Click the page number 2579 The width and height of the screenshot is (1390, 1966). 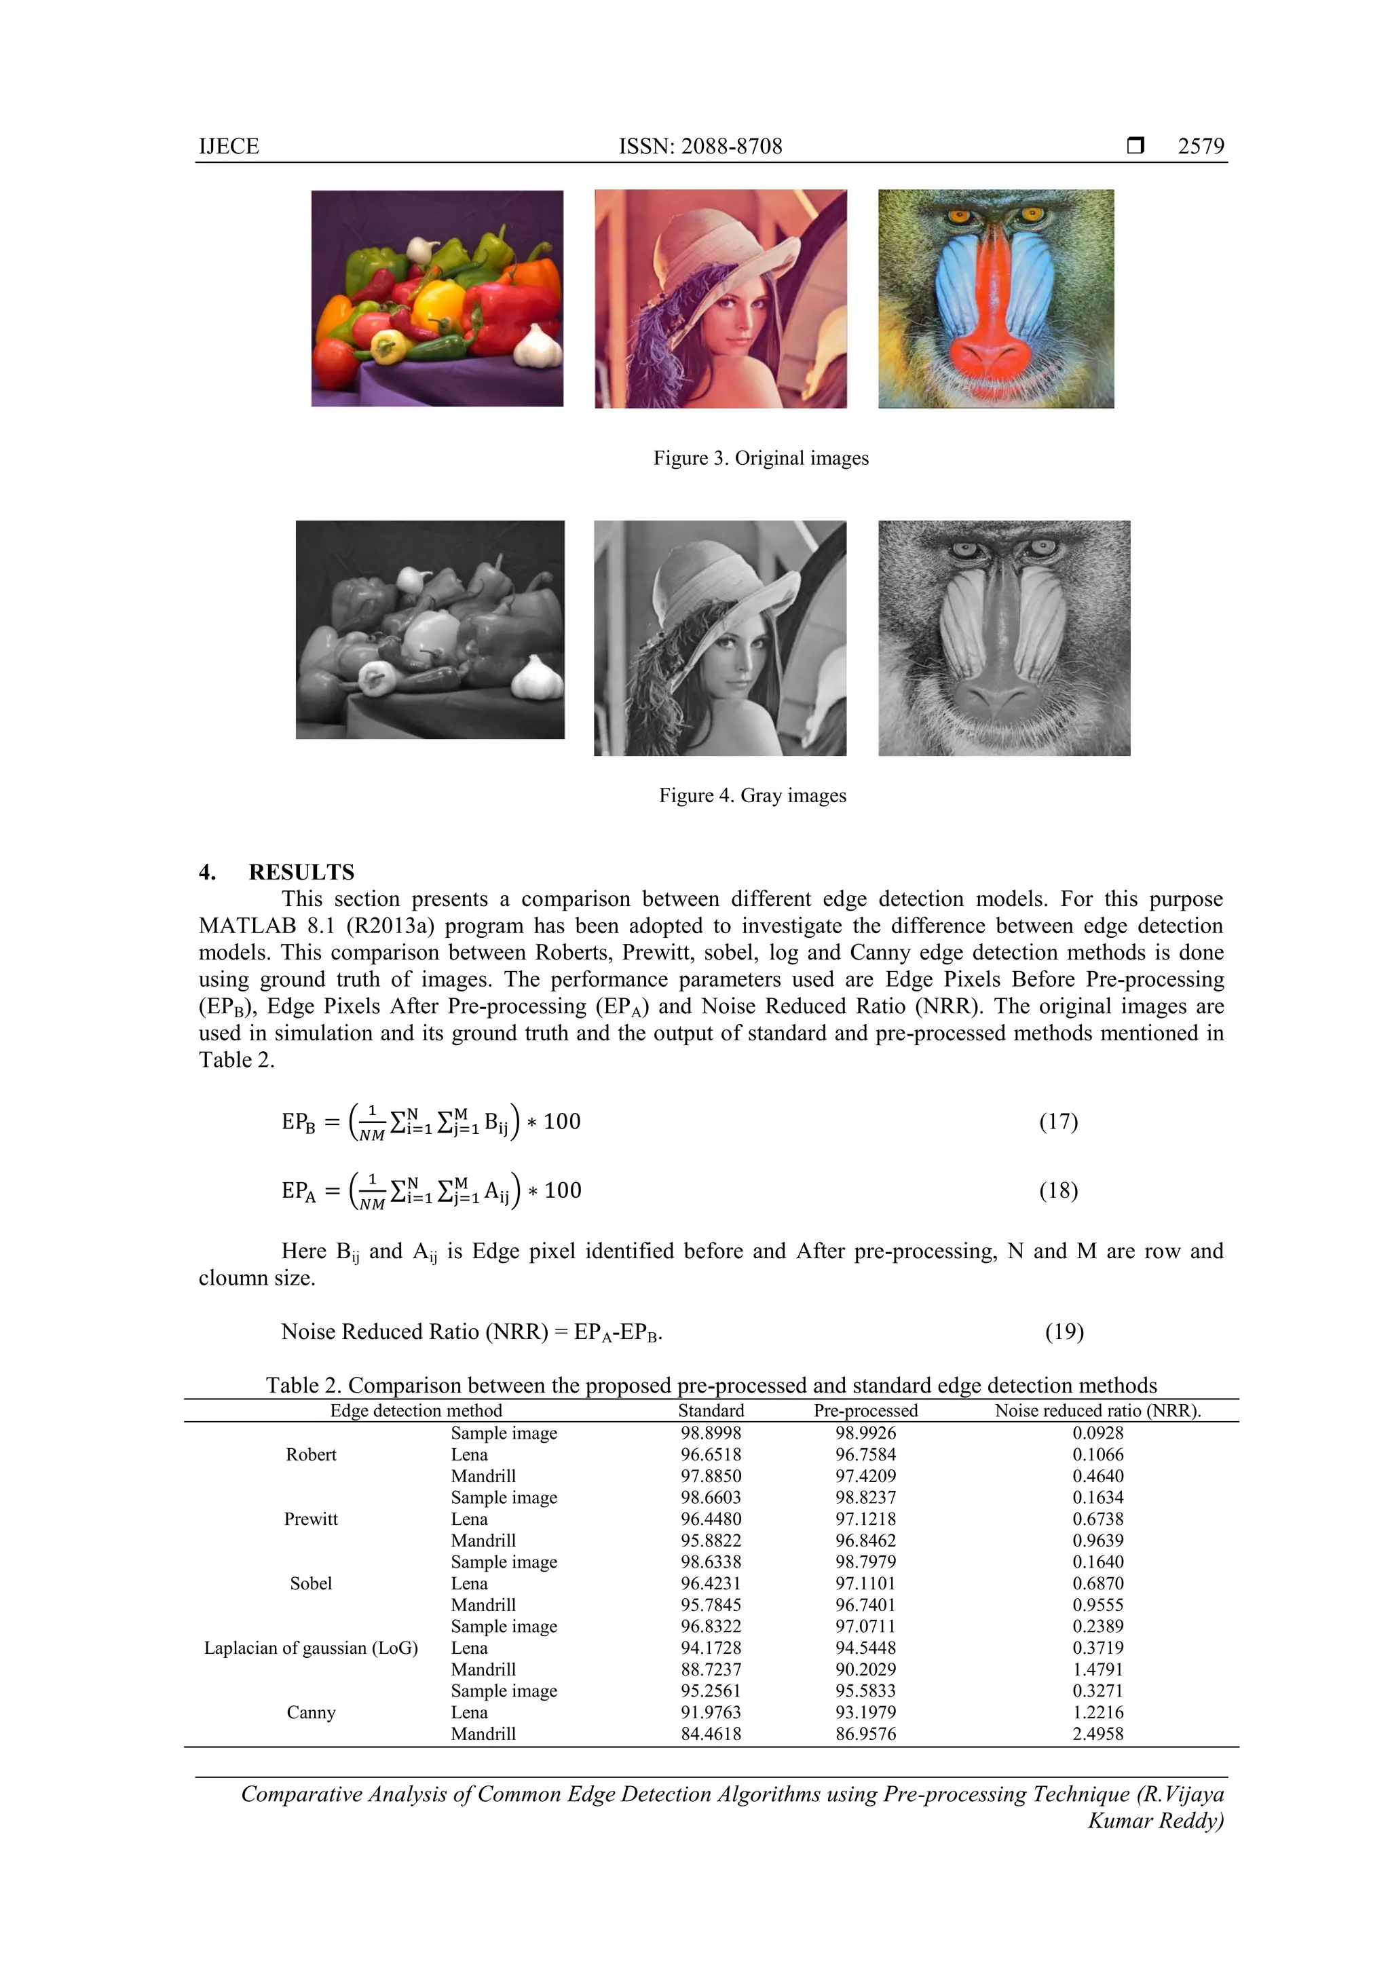coord(1200,147)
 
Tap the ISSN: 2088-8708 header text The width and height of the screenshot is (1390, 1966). coord(700,147)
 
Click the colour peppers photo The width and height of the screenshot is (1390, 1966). coord(437,298)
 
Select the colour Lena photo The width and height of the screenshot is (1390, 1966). coord(720,298)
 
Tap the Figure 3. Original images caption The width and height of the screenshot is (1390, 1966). coord(761,458)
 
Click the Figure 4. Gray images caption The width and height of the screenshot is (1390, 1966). coord(752,795)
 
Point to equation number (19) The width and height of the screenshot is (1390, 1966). coord(1064,1331)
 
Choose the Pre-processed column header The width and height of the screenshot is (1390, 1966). coord(865,1410)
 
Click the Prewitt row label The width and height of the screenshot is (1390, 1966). coord(311,1519)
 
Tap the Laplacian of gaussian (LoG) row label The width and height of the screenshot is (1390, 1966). coord(311,1648)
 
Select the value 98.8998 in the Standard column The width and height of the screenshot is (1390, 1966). coord(711,1433)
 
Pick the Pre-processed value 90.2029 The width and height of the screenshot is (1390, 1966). coord(865,1669)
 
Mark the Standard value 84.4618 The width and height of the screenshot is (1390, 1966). coord(711,1733)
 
